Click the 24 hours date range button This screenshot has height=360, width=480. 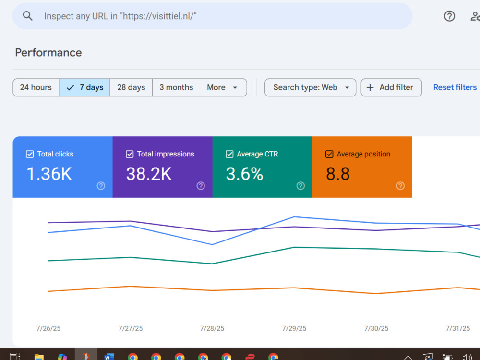(x=36, y=87)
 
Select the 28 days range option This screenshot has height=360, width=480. (x=131, y=87)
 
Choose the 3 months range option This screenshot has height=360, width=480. (x=176, y=87)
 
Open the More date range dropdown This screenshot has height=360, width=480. (x=223, y=87)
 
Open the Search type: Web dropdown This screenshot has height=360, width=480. (x=310, y=87)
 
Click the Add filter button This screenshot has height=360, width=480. (x=391, y=87)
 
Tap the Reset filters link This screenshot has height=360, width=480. (x=455, y=87)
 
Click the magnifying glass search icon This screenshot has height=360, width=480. (x=27, y=16)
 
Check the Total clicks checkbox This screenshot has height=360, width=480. (x=30, y=154)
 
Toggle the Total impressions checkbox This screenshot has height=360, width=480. (x=130, y=154)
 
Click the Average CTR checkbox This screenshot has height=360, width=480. (x=229, y=154)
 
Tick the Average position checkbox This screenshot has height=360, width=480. (x=329, y=154)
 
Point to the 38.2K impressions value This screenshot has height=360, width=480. (x=149, y=174)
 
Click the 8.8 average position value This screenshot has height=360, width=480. (x=337, y=174)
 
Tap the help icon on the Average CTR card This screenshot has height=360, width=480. (x=300, y=186)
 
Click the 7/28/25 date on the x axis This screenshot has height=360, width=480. (x=212, y=328)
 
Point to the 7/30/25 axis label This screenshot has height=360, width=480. (x=376, y=328)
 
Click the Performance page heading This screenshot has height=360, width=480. (x=48, y=53)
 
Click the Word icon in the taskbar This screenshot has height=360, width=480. (x=109, y=357)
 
